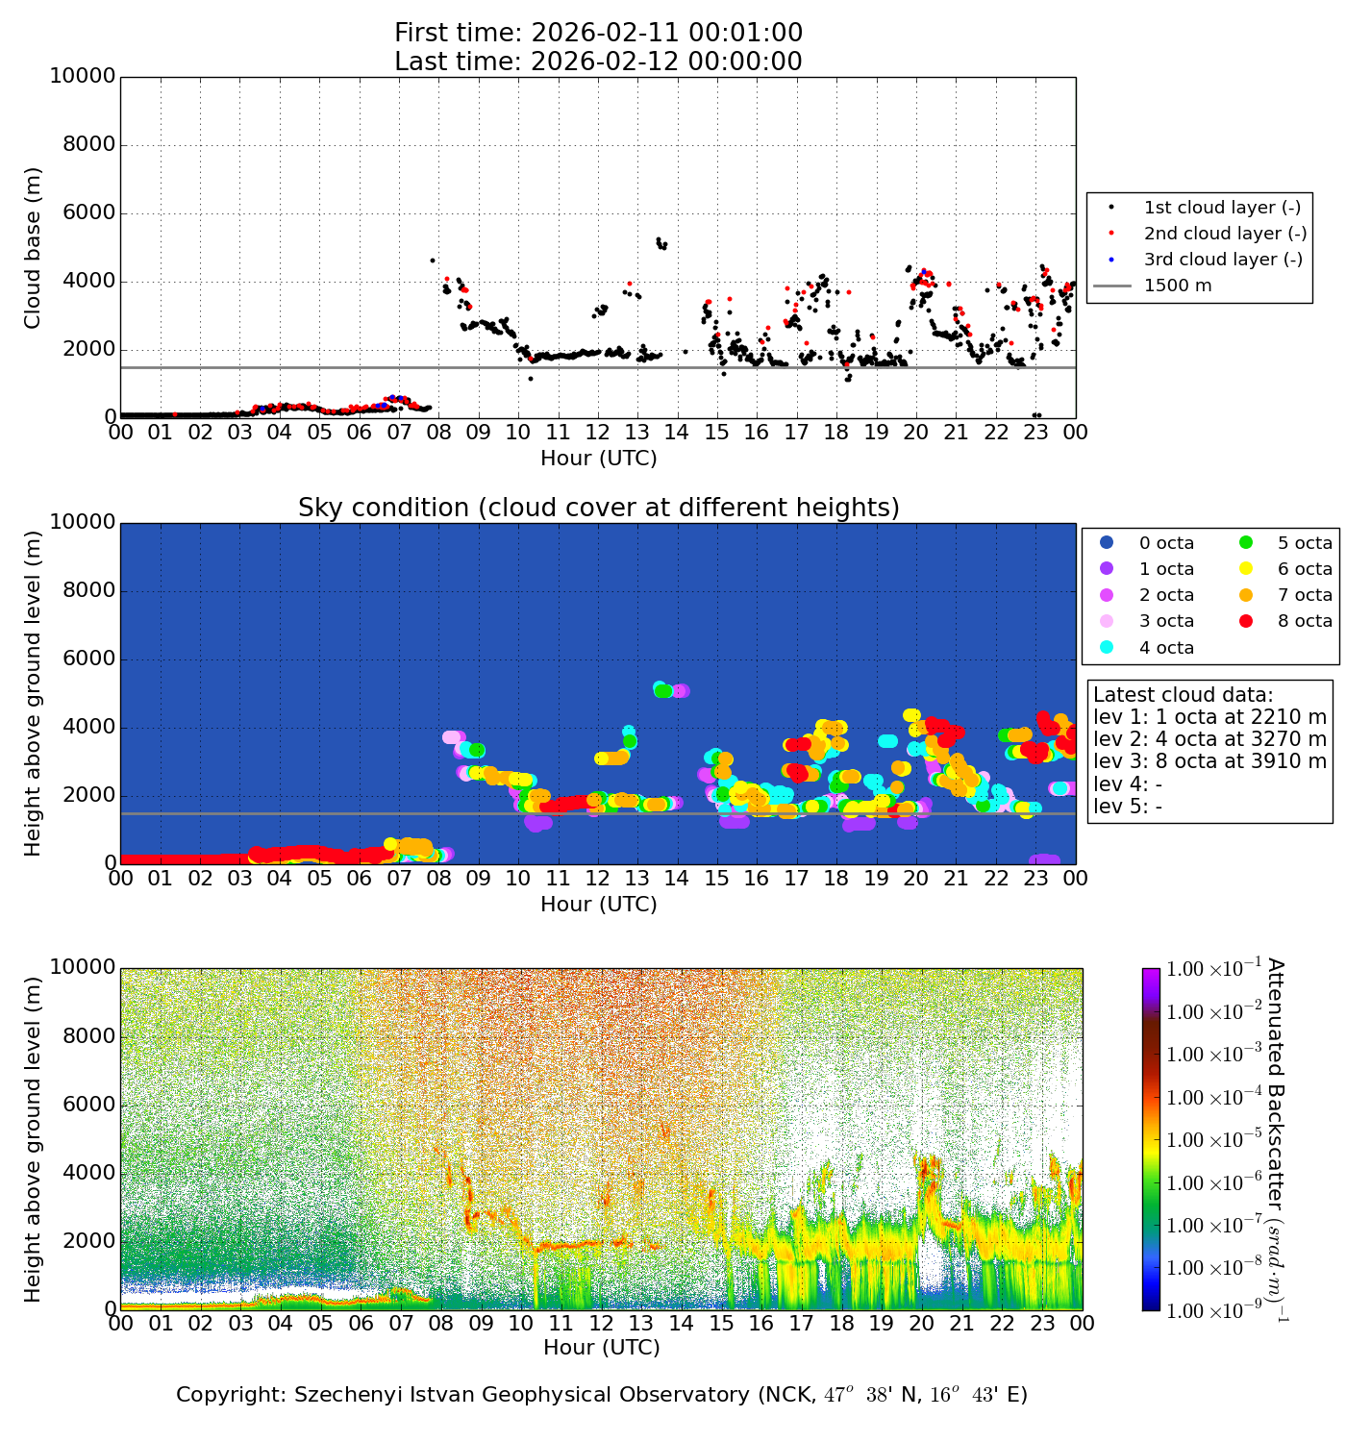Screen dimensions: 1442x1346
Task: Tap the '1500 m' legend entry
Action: click(1177, 286)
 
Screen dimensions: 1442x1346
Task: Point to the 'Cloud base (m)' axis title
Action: click(34, 247)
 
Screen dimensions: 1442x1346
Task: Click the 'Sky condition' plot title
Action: click(598, 508)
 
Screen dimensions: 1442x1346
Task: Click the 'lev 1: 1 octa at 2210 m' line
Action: click(1209, 717)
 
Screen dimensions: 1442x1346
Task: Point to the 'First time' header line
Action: click(598, 34)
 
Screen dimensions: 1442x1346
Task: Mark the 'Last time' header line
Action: click(598, 62)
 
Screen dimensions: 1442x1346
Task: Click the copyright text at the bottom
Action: click(602, 1395)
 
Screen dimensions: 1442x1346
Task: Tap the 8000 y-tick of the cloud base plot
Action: click(89, 145)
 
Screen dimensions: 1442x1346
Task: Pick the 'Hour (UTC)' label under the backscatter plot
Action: click(602, 1348)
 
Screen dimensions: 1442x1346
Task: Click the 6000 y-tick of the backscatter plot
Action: click(89, 1105)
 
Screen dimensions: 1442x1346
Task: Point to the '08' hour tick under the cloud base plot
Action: click(438, 433)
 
